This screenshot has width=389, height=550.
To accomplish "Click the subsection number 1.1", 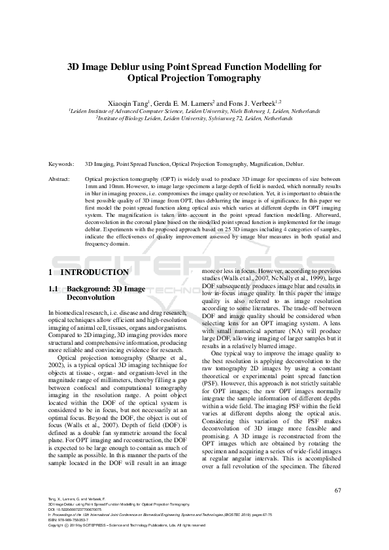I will (x=54, y=288).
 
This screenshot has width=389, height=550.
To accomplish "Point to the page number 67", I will (x=337, y=491).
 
